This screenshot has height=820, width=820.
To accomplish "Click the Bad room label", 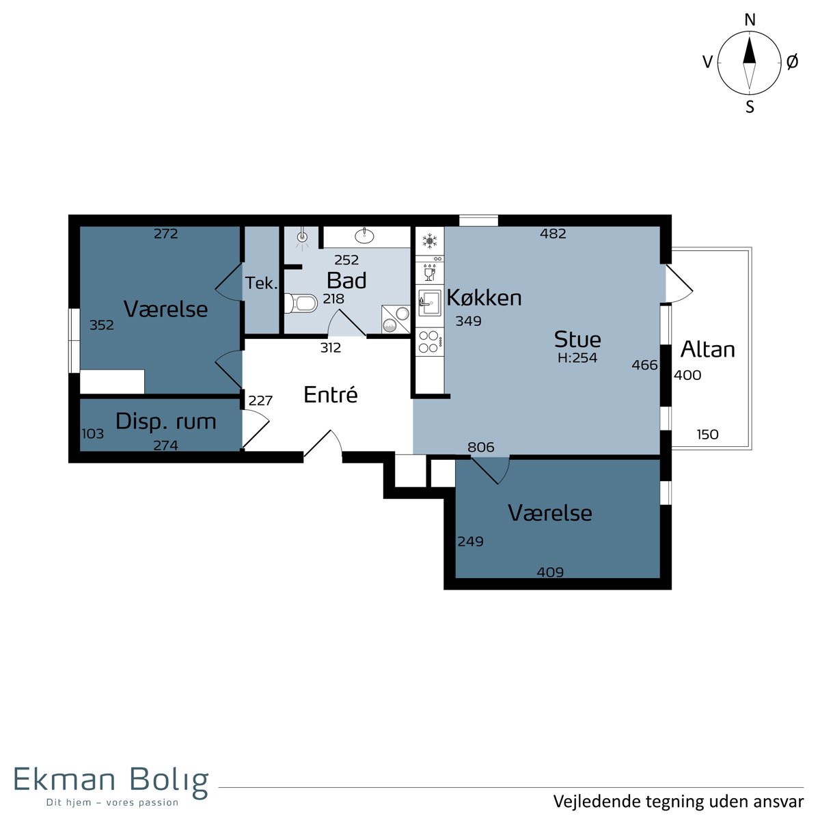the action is [x=346, y=281].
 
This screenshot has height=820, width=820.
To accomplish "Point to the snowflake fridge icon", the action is [x=429, y=241].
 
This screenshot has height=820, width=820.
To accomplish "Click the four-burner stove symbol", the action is [x=429, y=342].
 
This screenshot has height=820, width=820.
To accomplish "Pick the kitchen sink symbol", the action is [x=429, y=303].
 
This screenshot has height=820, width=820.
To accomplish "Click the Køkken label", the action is [x=484, y=297].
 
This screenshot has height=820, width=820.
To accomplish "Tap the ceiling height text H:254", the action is [x=577, y=358].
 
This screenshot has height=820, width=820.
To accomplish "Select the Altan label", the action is [x=708, y=350].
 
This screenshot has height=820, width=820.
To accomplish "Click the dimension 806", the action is [x=481, y=447].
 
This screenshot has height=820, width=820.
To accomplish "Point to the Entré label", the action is [x=331, y=395].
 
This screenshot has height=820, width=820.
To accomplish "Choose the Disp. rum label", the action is [x=166, y=422].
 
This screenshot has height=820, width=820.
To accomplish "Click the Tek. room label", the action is [x=261, y=284].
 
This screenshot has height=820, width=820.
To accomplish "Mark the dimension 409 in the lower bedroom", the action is [x=550, y=573].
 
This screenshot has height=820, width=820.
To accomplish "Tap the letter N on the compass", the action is [x=750, y=20].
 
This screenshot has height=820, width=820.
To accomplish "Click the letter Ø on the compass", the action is [x=793, y=63].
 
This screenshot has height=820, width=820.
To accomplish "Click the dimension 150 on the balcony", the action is [x=708, y=435].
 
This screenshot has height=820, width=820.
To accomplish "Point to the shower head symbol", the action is [x=302, y=237].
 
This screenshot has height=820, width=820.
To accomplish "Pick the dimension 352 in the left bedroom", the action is [x=102, y=325].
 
